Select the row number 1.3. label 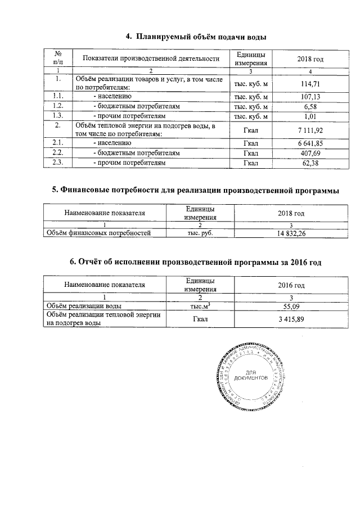(x=57, y=116)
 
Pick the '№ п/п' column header (x=57, y=58)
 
